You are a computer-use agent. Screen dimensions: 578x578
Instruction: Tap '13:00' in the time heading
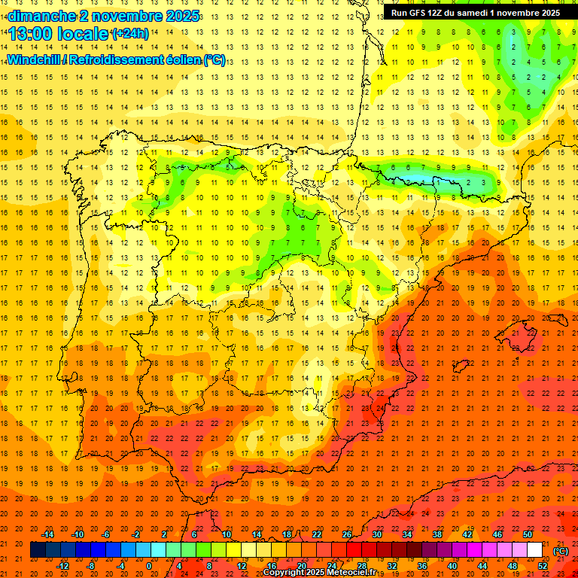30,34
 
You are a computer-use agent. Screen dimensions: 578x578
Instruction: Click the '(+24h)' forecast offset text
129,33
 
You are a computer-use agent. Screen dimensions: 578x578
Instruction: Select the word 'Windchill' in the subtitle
35,59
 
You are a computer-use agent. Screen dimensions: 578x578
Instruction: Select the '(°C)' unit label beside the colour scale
561,551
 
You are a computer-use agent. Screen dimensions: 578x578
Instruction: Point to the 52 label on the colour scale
543,566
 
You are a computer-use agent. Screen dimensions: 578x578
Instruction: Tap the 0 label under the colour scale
149,566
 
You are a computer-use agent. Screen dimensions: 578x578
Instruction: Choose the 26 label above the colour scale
347,534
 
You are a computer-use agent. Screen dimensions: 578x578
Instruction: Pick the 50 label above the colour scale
528,534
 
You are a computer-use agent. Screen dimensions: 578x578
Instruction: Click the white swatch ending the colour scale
534,550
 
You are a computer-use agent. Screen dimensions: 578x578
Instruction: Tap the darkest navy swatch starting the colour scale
38,550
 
